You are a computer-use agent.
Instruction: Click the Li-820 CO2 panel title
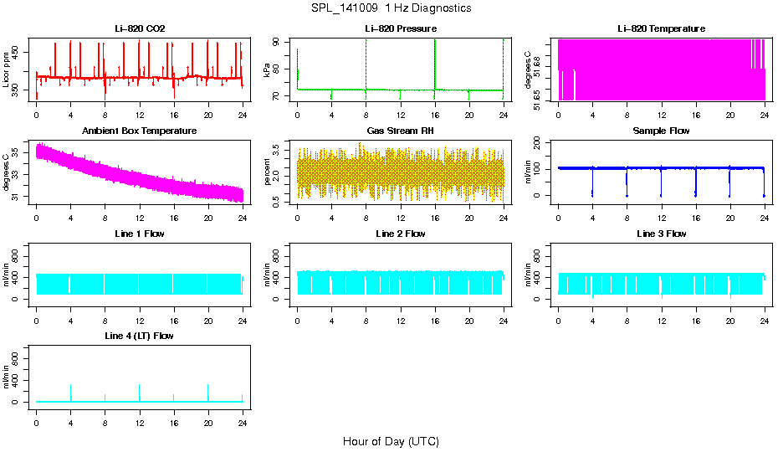tap(140, 28)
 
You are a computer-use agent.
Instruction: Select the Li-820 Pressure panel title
tap(400, 28)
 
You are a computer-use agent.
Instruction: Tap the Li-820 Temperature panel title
tap(661, 28)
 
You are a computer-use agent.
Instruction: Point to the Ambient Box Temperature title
tap(140, 131)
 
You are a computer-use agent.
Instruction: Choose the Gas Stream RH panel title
tap(400, 131)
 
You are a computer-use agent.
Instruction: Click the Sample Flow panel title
tap(661, 131)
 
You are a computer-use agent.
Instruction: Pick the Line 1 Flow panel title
tap(140, 234)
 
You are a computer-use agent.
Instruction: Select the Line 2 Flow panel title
tap(400, 234)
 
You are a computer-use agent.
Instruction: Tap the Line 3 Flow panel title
tap(661, 234)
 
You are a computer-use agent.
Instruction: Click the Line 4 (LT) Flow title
tap(140, 336)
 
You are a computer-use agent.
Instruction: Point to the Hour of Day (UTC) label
tap(391, 441)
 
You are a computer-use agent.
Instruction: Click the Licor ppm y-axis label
tap(7, 69)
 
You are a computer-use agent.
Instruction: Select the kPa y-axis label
tap(268, 69)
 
